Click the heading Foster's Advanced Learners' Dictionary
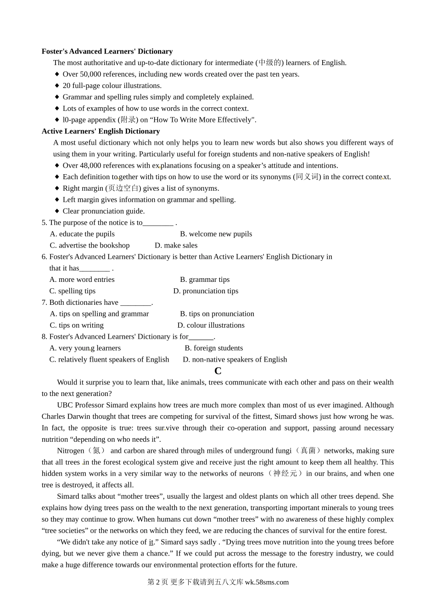pyautogui.click(x=107, y=51)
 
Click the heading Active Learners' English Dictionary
pyautogui.click(x=101, y=131)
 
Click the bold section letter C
pyautogui.click(x=218, y=371)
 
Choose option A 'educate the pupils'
pyautogui.click(x=82, y=234)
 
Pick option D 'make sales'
pyautogui.click(x=176, y=245)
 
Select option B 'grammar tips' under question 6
pyautogui.click(x=205, y=280)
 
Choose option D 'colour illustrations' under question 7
pyautogui.click(x=211, y=325)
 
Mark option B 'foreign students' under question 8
pyautogui.click(x=214, y=348)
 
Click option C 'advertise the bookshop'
pyautogui.click(x=89, y=245)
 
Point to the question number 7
pyautogui.click(x=44, y=302)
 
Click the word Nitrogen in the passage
pyautogui.click(x=71, y=451)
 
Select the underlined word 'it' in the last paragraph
pyautogui.click(x=151, y=542)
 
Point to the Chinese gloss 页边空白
pyautogui.click(x=123, y=188)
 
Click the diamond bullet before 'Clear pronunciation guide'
pyautogui.click(x=57, y=211)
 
